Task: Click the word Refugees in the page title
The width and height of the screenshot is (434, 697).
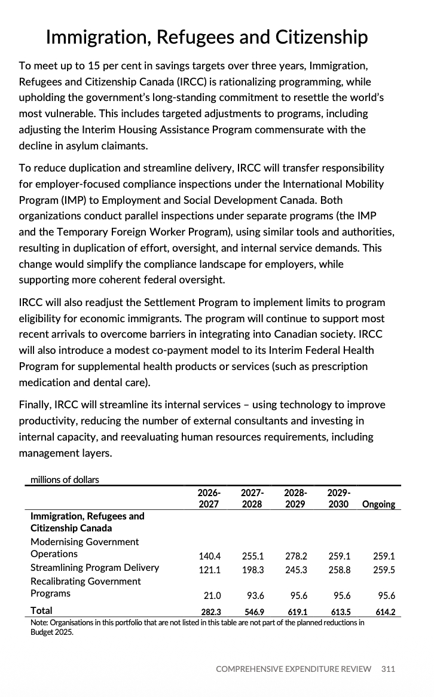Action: click(201, 37)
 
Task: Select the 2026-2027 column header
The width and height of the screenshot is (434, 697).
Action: click(209, 499)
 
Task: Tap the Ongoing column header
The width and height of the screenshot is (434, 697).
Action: click(378, 504)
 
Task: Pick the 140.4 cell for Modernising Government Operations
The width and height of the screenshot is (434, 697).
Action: click(209, 555)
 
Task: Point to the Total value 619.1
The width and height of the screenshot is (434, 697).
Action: click(296, 612)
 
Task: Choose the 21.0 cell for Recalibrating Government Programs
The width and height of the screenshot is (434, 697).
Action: click(212, 595)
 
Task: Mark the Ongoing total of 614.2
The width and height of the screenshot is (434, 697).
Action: click(384, 612)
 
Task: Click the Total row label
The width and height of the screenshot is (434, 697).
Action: click(41, 610)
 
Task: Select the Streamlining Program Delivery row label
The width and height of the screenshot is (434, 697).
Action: click(94, 567)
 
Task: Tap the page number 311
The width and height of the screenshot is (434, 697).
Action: click(388, 668)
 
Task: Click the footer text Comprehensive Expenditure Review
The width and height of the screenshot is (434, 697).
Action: click(294, 668)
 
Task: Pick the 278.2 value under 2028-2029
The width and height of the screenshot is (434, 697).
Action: click(296, 555)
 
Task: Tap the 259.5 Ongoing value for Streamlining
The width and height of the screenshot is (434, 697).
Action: click(384, 570)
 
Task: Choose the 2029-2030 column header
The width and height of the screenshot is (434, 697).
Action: click(339, 499)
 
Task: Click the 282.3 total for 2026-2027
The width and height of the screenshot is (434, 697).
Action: click(209, 612)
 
